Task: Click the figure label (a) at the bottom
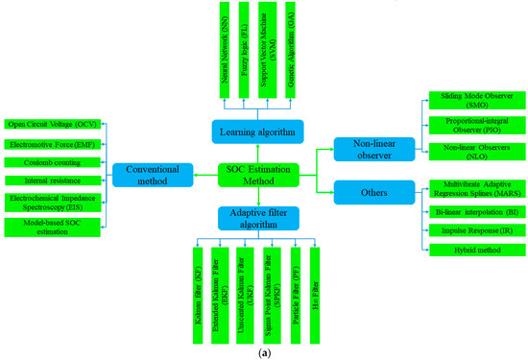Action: click(x=263, y=352)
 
